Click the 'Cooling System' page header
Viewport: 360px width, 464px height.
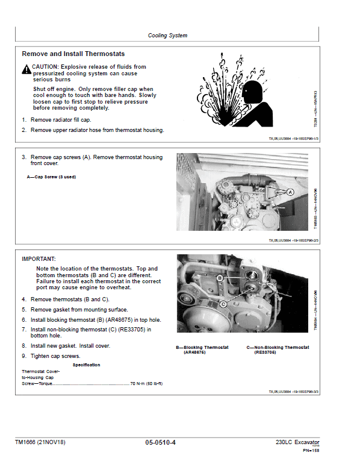pyautogui.click(x=167, y=36)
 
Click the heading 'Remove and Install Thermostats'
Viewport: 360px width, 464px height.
pyautogui.click(x=73, y=54)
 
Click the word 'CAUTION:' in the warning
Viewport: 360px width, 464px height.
pyautogui.click(x=49, y=67)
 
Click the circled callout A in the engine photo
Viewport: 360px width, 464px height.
pyautogui.click(x=289, y=192)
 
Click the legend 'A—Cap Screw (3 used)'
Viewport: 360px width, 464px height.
pyautogui.click(x=51, y=177)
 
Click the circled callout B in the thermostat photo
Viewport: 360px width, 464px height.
pyautogui.click(x=220, y=278)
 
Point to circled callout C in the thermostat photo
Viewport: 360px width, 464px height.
pyautogui.click(x=223, y=304)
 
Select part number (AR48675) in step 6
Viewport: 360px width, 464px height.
pyautogui.click(x=116, y=319)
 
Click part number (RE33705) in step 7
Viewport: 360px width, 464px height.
pyautogui.click(x=131, y=329)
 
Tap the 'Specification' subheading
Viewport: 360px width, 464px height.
pyautogui.click(x=86, y=365)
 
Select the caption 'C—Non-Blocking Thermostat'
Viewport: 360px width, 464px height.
pyautogui.click(x=278, y=348)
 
